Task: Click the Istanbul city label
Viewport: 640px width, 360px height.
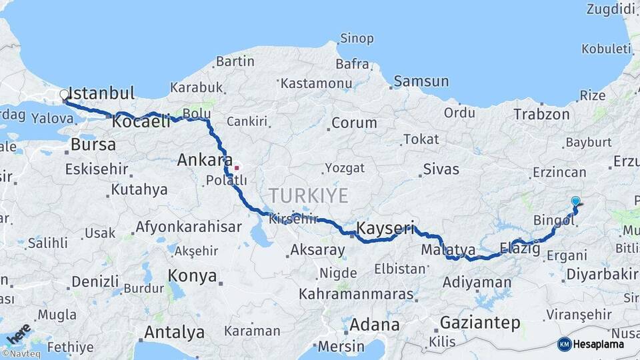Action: tap(101, 93)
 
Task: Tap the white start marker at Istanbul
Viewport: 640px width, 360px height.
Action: tap(65, 95)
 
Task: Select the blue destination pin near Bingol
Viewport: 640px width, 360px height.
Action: tap(576, 201)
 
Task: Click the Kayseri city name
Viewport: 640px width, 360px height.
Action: tap(385, 229)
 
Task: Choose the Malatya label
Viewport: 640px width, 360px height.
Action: tap(448, 249)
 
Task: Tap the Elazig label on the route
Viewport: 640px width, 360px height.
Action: tap(519, 249)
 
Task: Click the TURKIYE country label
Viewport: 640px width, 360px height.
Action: tap(308, 196)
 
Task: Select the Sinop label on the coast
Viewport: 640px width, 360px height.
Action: tap(357, 38)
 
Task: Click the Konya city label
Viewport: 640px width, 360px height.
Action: tap(192, 275)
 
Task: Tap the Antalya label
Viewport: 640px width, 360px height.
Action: tap(175, 332)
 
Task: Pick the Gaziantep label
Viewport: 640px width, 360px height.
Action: tap(479, 323)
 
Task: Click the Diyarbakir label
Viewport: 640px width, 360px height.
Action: tap(601, 275)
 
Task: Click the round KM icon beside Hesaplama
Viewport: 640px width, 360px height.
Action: tap(565, 344)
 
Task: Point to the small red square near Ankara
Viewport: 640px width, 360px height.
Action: tap(236, 167)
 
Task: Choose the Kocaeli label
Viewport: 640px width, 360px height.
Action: tap(141, 122)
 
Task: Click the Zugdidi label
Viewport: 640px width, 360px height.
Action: tap(609, 9)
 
